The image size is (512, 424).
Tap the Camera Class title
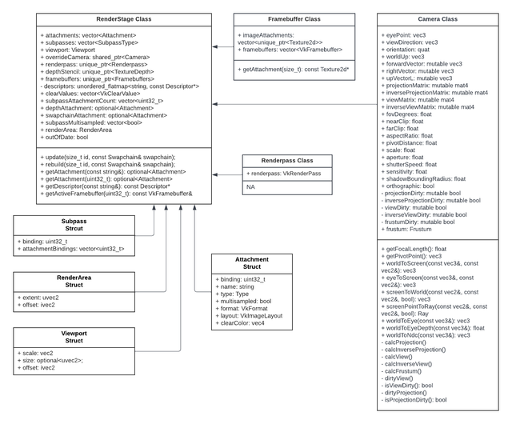(428, 18)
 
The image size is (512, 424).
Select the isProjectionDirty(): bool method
(414, 398)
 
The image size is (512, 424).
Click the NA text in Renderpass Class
(252, 186)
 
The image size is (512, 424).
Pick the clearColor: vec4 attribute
(242, 322)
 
